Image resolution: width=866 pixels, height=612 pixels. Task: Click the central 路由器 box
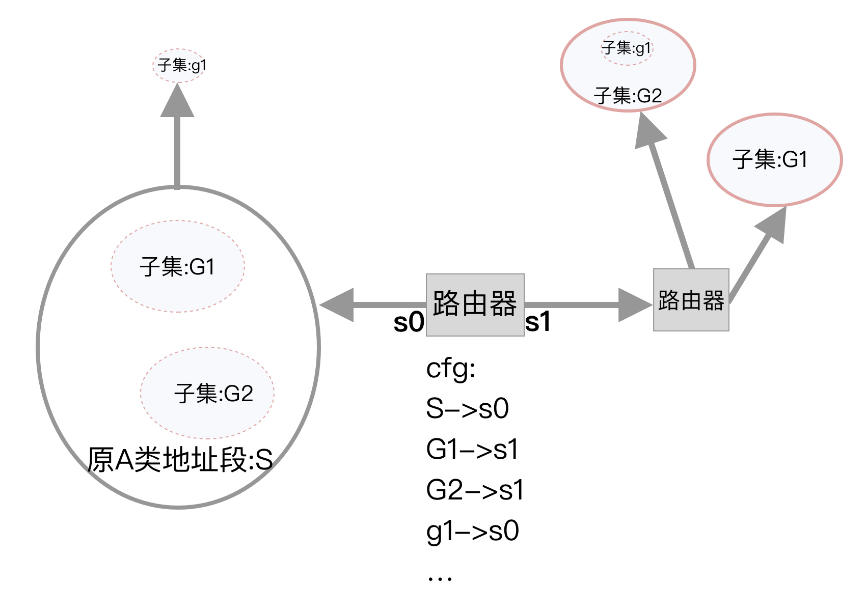[475, 304]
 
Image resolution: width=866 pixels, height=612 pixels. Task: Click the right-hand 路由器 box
[691, 300]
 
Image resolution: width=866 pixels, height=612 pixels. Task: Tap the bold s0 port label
[409, 322]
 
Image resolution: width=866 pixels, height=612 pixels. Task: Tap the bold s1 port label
[538, 322]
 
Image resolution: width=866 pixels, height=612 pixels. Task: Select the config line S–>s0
[467, 408]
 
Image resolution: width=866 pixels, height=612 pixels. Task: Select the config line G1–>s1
[472, 449]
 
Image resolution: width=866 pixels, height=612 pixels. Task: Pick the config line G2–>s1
[475, 490]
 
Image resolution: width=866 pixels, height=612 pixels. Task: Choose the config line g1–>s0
[472, 531]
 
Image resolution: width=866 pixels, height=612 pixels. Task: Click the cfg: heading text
[450, 368]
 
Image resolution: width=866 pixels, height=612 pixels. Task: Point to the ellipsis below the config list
[440, 578]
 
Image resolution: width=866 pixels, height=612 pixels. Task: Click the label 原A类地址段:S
[179, 460]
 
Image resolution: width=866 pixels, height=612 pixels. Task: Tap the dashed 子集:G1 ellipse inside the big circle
[177, 266]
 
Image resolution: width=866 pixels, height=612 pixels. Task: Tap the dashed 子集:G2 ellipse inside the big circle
[208, 393]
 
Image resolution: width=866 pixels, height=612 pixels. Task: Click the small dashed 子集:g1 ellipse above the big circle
[180, 65]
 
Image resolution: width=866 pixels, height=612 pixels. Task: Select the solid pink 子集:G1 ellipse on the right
[774, 160]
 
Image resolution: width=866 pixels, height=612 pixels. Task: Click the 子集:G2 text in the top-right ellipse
[628, 96]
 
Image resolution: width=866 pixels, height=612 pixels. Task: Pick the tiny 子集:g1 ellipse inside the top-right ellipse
[627, 48]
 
